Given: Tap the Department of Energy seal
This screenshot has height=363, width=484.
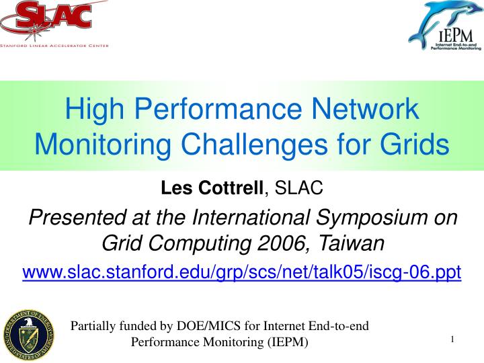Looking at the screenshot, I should pyautogui.click(x=28, y=333).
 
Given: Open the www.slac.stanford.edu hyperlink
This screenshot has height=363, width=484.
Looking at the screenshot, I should pyautogui.click(x=242, y=272).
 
